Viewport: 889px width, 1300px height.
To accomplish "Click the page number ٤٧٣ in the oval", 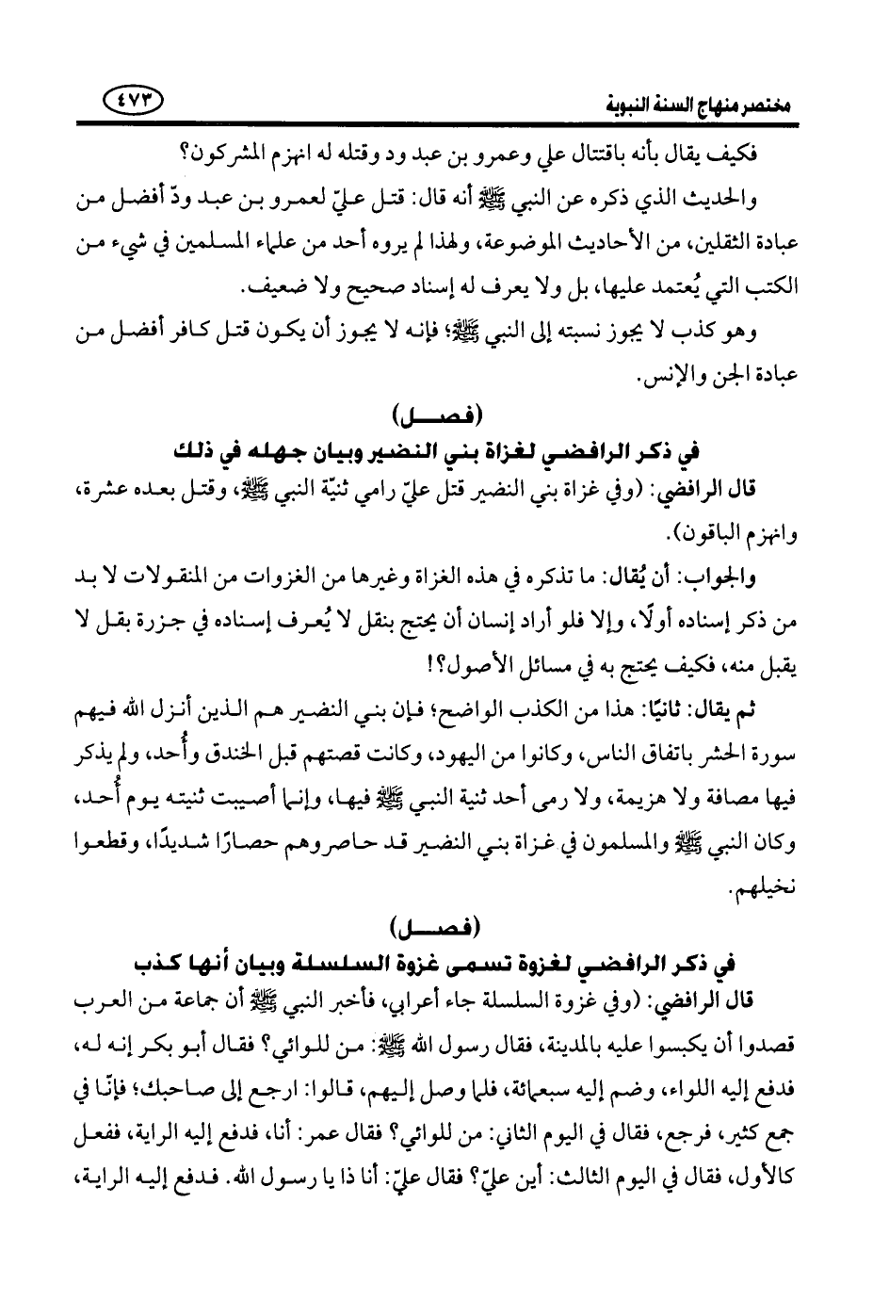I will coord(132,98).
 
